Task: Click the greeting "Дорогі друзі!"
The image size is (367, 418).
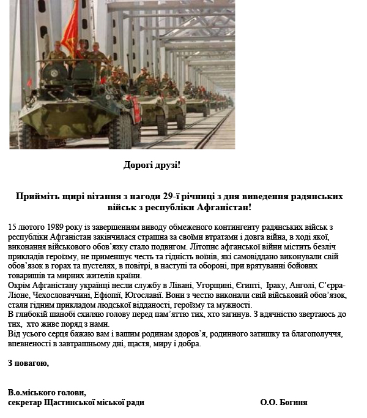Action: (152, 165)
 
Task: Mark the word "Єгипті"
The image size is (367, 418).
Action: (253, 286)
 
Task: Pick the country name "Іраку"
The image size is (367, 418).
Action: (284, 286)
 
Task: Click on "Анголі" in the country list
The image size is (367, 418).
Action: (317, 286)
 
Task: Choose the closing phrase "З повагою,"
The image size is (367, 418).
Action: (29, 363)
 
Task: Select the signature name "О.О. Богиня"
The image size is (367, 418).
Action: (284, 403)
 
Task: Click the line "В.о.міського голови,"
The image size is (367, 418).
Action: (47, 392)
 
